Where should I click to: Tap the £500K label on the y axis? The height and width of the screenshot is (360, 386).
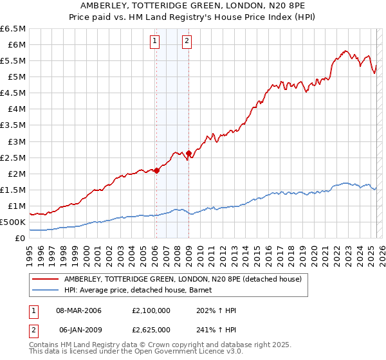click(x=13, y=222)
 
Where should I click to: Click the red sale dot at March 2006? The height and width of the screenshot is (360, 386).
click(x=156, y=170)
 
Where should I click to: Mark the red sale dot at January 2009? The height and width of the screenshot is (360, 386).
click(x=189, y=154)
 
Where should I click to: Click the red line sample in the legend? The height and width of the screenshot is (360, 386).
click(x=46, y=278)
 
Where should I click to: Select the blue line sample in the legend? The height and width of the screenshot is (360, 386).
click(x=46, y=290)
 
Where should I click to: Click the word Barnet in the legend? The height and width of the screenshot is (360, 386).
click(x=209, y=290)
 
